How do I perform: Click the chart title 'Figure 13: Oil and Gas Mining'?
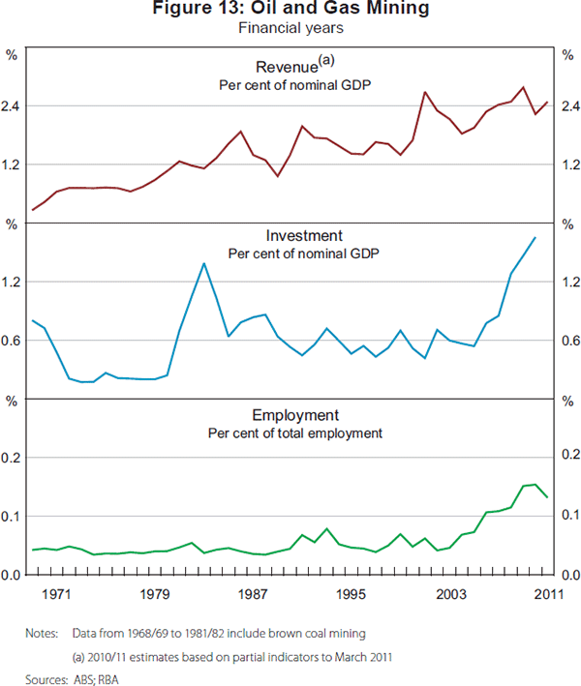tap(290, 10)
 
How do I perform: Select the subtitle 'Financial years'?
tap(290, 28)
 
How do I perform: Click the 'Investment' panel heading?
tap(303, 235)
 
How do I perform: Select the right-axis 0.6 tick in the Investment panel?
tap(567, 341)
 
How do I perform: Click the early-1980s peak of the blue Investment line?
tap(203, 263)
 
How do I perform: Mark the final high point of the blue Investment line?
tap(535, 238)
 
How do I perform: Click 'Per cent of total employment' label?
tap(294, 432)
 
